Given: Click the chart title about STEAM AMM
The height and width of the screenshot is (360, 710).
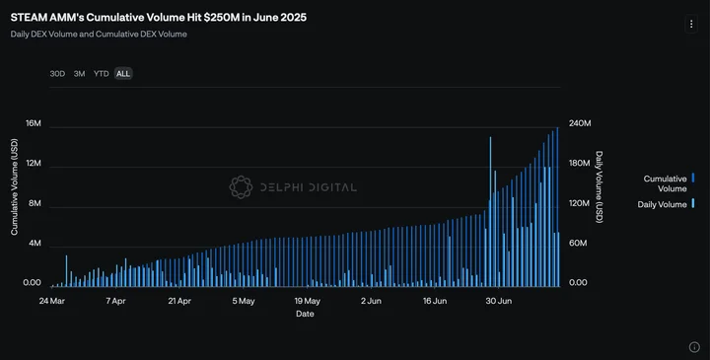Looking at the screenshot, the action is [159, 17].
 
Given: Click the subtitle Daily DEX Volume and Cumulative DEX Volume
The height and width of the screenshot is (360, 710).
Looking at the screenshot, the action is [99, 34].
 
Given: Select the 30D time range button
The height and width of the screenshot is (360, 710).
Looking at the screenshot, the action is [57, 73].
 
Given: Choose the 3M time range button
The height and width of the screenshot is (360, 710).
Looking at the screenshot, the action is [79, 73].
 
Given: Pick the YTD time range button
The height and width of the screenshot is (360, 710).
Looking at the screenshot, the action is [101, 73].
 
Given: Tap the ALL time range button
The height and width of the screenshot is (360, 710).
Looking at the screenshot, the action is [123, 73].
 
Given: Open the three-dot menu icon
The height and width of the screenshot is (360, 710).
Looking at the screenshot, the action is [691, 24].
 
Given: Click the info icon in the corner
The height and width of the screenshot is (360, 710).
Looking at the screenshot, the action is [694, 347].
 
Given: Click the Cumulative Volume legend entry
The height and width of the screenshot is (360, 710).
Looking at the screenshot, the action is [669, 183].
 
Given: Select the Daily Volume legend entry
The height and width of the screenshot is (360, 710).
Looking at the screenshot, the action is [666, 204].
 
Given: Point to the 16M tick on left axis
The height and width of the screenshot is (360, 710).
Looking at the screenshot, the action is [34, 123].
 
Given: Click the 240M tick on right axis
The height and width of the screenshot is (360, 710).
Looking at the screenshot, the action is [580, 123].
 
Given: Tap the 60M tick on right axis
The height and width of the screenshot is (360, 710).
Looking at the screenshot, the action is [578, 244].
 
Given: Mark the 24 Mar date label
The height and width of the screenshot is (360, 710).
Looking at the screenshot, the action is [51, 301].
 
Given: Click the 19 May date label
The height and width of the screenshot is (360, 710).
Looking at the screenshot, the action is [307, 301].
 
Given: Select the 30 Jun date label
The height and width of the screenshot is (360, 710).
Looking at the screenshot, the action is [499, 301].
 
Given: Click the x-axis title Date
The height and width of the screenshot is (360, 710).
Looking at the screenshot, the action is [305, 314].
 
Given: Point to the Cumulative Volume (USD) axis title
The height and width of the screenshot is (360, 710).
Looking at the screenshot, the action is [14, 186].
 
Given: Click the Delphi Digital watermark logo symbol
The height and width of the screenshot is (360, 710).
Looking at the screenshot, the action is [241, 187].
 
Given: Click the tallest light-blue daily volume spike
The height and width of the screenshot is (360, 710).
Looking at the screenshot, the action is [490, 211].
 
